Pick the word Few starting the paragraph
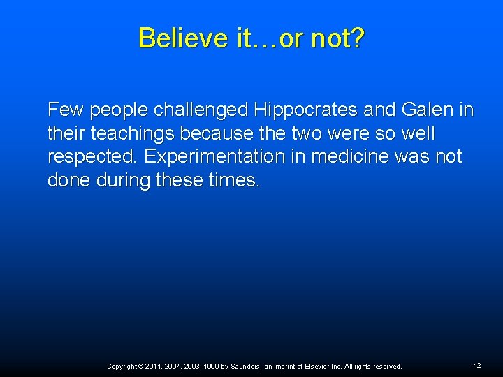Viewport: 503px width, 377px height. [61, 110]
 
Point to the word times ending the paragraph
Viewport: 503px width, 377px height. [235, 181]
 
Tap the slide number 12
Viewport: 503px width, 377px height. [477, 366]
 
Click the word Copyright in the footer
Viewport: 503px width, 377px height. [123, 367]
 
